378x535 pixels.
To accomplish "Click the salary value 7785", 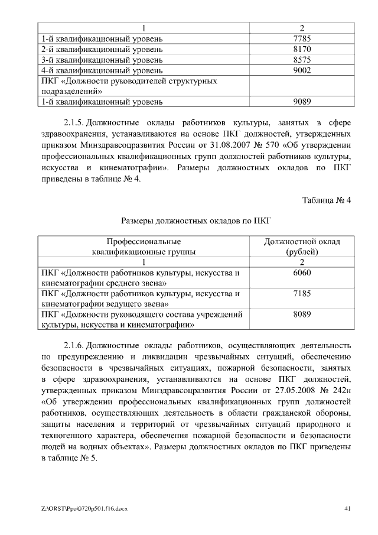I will point(302,39).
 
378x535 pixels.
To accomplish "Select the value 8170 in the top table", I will point(302,50).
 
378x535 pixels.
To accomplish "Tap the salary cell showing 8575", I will point(302,60).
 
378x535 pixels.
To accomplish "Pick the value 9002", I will point(302,70).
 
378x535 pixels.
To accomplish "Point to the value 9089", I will point(302,102).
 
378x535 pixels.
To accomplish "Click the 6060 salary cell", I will point(302,273).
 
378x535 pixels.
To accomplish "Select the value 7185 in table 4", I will point(302,293).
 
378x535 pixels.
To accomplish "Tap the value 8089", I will point(302,314).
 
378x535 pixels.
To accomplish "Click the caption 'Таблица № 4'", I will point(327,200).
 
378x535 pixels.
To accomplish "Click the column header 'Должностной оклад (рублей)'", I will point(302,247).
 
